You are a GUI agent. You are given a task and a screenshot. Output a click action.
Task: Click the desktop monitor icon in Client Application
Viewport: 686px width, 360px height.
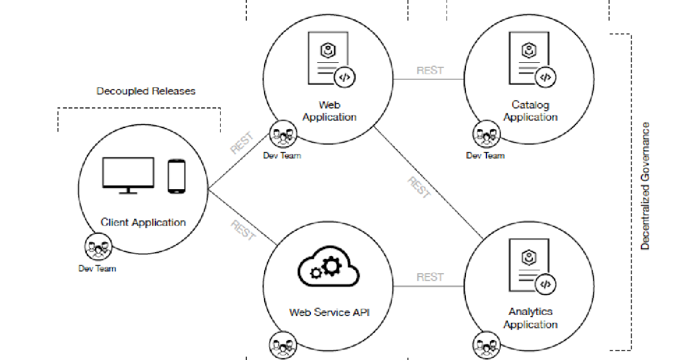(127, 175)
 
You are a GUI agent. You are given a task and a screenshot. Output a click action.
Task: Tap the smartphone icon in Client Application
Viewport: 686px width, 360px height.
(177, 175)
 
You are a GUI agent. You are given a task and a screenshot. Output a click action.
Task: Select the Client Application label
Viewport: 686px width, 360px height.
(143, 222)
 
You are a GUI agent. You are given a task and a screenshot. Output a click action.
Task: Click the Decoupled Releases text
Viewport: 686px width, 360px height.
(146, 91)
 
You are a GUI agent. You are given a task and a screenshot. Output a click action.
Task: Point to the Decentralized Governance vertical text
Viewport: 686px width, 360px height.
(645, 186)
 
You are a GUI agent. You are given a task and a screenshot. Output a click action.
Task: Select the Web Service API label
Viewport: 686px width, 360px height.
(329, 312)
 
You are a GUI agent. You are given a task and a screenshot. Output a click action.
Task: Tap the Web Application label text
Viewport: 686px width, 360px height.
(329, 111)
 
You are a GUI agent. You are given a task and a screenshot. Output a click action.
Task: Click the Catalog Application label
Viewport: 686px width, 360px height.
(531, 111)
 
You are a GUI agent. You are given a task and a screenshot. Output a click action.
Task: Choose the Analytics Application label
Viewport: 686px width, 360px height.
(531, 318)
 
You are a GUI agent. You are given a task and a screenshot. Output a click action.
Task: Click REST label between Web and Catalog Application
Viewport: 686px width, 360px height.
(430, 70)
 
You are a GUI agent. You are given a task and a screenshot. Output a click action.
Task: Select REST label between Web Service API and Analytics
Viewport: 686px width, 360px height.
(430, 277)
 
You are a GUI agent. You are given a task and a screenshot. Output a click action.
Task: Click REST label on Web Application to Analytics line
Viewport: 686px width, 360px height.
(419, 187)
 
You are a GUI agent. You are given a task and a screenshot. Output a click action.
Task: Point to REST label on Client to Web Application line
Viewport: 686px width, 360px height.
(241, 143)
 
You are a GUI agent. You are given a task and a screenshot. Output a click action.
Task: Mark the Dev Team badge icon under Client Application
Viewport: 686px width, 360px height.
(97, 247)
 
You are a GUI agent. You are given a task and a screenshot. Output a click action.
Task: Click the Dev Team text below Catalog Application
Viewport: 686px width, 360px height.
(485, 155)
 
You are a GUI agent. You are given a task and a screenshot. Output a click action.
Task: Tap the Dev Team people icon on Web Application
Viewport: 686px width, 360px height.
(282, 134)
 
